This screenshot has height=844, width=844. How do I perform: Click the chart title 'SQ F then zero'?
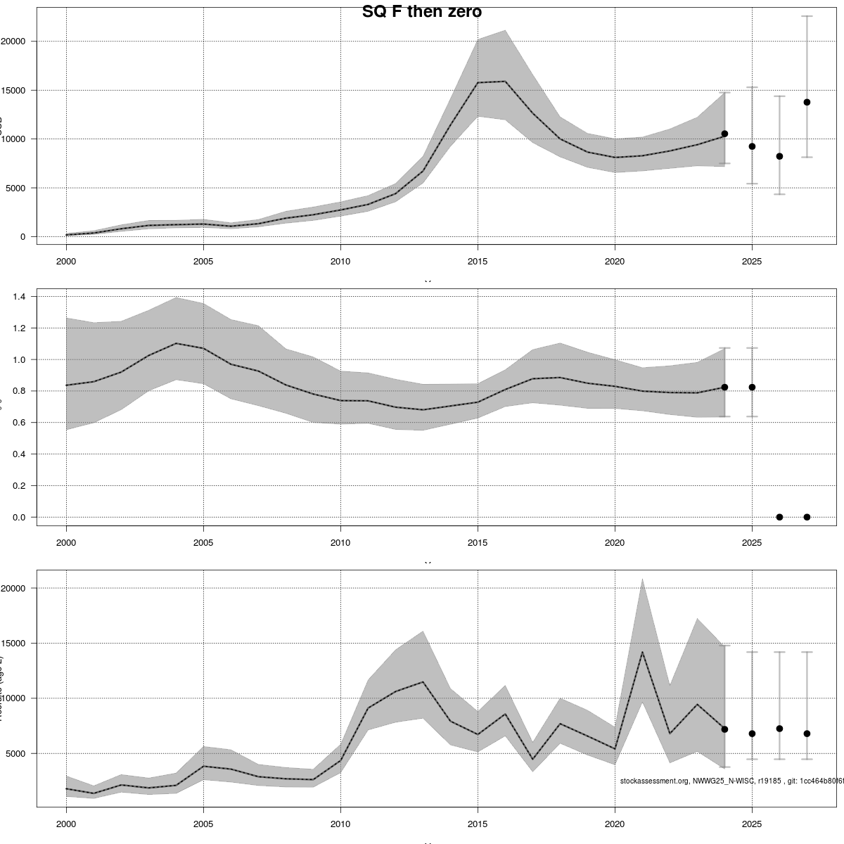tap(421, 12)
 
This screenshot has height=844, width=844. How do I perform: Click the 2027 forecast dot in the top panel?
tap(807, 102)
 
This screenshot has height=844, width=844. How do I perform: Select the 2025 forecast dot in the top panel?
tap(752, 146)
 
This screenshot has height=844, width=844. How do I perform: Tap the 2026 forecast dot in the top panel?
tap(779, 156)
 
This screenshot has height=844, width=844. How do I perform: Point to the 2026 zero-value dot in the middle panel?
tap(779, 517)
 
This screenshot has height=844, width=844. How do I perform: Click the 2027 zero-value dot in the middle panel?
tap(807, 517)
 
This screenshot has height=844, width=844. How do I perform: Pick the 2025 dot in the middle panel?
tap(752, 387)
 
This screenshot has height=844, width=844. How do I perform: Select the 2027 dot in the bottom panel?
tap(807, 734)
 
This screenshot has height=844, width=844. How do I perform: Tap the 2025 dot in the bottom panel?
tap(752, 734)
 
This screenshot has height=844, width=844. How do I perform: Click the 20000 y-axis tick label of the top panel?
tap(13, 41)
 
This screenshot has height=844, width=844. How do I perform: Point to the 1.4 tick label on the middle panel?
tap(19, 297)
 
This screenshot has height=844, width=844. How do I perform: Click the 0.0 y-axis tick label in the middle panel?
tap(19, 517)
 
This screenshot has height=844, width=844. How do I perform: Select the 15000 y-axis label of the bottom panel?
tap(13, 644)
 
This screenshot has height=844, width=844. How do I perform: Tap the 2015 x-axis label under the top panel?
tap(478, 259)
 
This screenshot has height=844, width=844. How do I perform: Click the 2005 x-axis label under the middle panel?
tap(203, 542)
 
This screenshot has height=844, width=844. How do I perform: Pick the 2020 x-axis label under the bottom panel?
tap(615, 824)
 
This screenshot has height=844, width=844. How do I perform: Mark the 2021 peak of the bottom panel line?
tap(642, 652)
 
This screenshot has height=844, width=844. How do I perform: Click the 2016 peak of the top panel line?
tap(505, 82)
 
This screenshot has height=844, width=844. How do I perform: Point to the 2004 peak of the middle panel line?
tap(176, 343)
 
